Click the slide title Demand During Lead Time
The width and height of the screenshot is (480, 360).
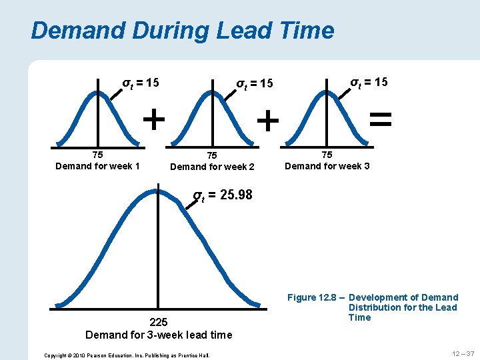click(182, 31)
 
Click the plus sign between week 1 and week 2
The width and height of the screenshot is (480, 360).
click(155, 120)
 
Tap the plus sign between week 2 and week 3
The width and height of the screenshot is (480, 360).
click(267, 121)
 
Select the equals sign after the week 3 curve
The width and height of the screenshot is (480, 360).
click(380, 119)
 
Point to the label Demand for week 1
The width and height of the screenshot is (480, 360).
click(97, 166)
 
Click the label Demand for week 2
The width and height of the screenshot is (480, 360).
click(212, 166)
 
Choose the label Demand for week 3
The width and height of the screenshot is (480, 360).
click(327, 165)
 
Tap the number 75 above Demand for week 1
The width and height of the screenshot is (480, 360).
click(97, 155)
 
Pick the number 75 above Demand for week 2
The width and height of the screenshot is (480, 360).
click(211, 155)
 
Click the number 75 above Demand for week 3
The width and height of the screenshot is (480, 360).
click(327, 154)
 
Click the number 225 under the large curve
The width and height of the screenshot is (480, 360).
click(159, 322)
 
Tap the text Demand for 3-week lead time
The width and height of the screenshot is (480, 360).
click(159, 335)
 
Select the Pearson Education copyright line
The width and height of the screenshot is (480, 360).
click(127, 355)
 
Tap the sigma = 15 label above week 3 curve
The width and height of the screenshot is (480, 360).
click(369, 81)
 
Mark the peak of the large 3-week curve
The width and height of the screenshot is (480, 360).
click(159, 188)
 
